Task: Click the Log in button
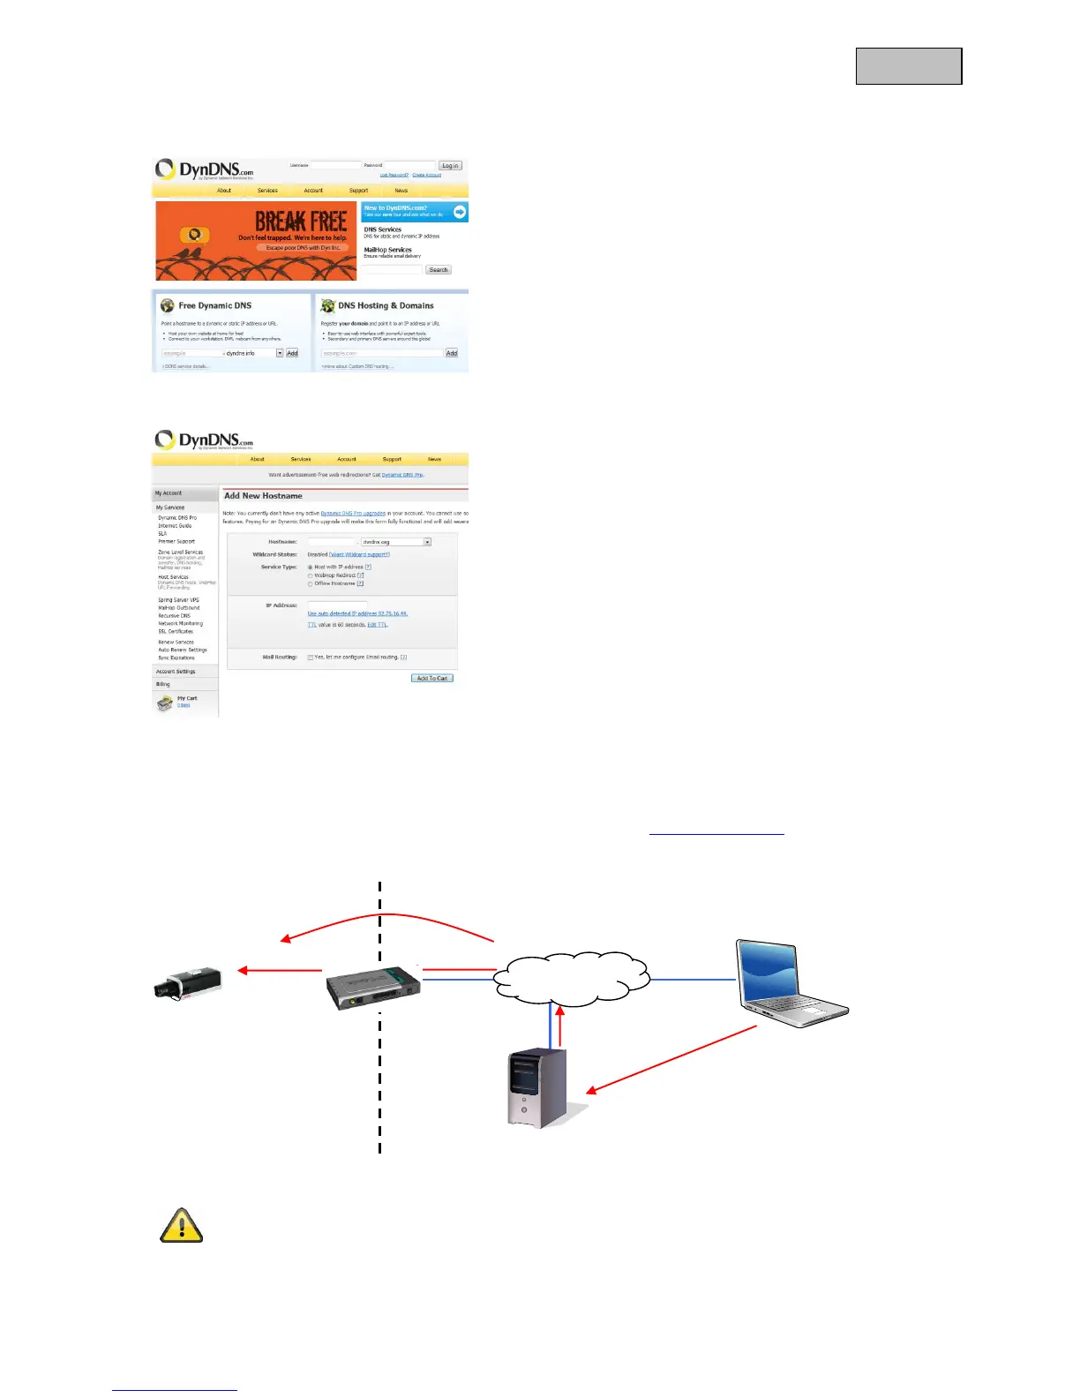[x=450, y=166]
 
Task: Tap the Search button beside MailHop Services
[x=439, y=270]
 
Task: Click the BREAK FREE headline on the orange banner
[x=301, y=221]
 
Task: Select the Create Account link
[x=427, y=176]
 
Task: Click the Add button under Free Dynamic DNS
[x=292, y=353]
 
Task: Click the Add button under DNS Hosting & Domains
[x=452, y=353]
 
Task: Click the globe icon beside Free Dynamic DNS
[x=168, y=305]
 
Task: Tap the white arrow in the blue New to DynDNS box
[x=460, y=212]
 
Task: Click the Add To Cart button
[x=432, y=679]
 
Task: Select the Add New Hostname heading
[x=263, y=496]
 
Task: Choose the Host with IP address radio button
[x=311, y=567]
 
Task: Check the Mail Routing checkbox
[x=311, y=658]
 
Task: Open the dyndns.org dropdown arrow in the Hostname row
[x=427, y=542]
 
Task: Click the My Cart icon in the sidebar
[x=165, y=703]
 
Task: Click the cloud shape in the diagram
[x=572, y=978]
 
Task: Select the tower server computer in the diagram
[x=537, y=1087]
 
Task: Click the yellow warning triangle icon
[x=182, y=1226]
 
